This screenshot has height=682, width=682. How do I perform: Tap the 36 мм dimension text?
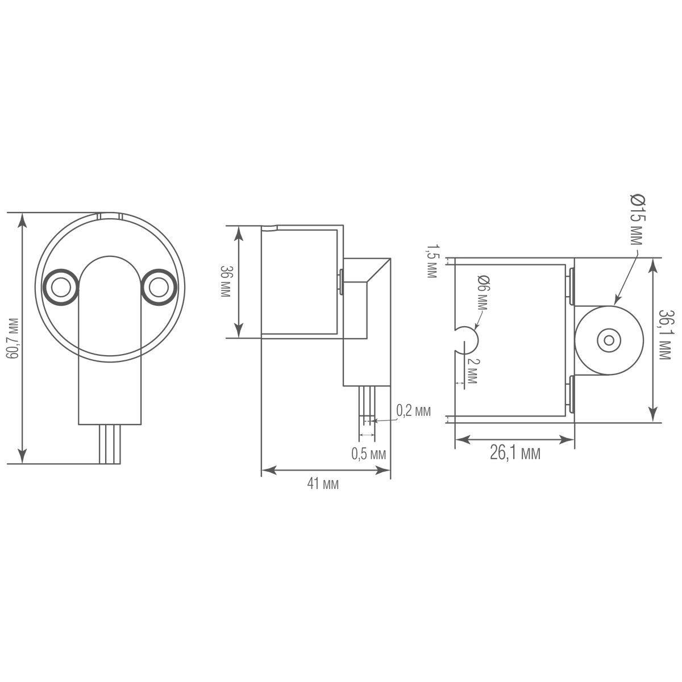click(x=226, y=281)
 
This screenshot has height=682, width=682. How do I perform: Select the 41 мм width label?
click(x=323, y=484)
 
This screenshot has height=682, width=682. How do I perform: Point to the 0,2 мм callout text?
click(x=413, y=411)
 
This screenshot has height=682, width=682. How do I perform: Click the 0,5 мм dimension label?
click(x=368, y=454)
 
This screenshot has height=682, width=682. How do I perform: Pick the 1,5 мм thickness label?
click(x=431, y=261)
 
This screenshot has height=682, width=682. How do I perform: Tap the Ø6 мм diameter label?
click(x=482, y=292)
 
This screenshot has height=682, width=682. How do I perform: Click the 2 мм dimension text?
click(x=472, y=371)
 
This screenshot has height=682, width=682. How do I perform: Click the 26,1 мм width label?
click(x=515, y=454)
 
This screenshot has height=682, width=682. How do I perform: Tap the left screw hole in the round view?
click(x=60, y=288)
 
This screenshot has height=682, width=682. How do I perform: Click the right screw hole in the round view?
click(x=159, y=288)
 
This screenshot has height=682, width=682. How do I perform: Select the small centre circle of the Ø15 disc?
click(x=609, y=341)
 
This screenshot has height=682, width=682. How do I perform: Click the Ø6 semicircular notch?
click(x=467, y=340)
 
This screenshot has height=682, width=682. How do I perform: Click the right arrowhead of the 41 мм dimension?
click(x=382, y=471)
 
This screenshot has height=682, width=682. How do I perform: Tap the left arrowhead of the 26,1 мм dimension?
click(x=463, y=440)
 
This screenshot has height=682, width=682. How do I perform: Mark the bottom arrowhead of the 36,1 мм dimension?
click(x=652, y=415)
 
